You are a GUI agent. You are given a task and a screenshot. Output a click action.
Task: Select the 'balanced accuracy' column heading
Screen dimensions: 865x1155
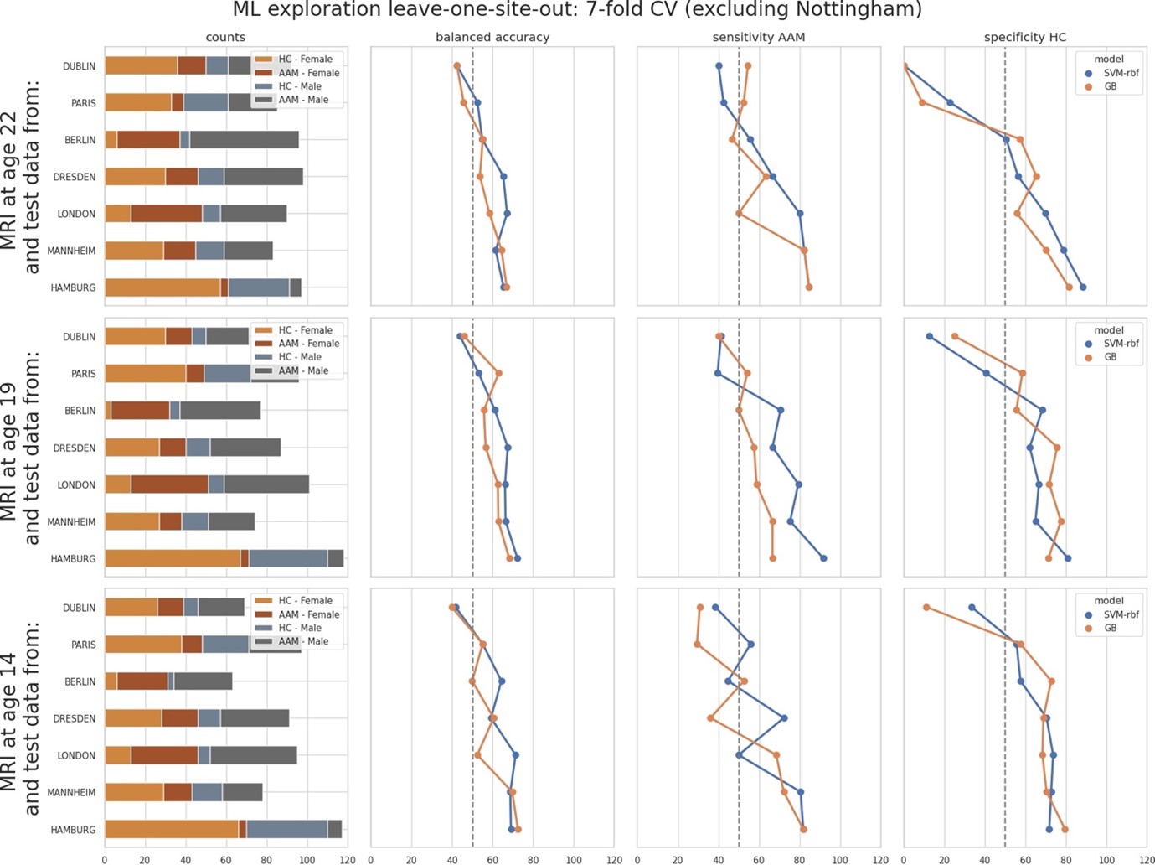point(492,38)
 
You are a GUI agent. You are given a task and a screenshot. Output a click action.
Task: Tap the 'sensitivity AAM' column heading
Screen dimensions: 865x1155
point(758,38)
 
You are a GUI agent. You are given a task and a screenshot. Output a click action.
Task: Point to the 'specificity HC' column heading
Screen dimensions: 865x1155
point(1025,38)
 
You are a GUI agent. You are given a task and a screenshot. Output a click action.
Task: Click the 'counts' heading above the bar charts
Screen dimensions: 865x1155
point(225,38)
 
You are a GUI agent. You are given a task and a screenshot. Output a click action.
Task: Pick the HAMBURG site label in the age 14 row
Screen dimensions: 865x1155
point(73,830)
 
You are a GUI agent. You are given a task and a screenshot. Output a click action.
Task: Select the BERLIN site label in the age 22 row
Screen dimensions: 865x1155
point(80,140)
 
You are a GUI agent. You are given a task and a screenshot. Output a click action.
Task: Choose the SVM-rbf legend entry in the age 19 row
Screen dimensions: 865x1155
point(1121,344)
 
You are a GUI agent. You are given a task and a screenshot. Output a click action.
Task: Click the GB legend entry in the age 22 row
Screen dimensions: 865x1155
point(1110,86)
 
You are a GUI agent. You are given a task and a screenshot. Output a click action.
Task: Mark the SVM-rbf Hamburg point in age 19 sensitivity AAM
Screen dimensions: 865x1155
point(823,558)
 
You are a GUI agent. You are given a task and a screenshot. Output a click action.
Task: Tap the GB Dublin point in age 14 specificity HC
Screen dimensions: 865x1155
point(926,608)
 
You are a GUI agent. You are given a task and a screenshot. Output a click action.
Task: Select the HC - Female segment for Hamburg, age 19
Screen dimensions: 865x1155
point(173,558)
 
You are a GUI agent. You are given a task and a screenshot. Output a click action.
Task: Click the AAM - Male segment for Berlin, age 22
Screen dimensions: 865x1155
point(244,140)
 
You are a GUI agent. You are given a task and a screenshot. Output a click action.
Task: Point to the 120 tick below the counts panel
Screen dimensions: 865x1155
point(348,860)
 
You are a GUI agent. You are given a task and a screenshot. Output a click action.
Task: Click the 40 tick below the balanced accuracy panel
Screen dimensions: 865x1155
point(452,860)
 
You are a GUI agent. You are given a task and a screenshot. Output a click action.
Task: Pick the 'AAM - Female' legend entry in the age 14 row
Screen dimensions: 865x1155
point(308,614)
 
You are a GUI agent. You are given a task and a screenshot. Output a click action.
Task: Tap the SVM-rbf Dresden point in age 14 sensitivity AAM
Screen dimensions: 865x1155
point(784,718)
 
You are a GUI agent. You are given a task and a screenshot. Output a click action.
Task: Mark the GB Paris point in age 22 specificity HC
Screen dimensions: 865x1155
point(922,103)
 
